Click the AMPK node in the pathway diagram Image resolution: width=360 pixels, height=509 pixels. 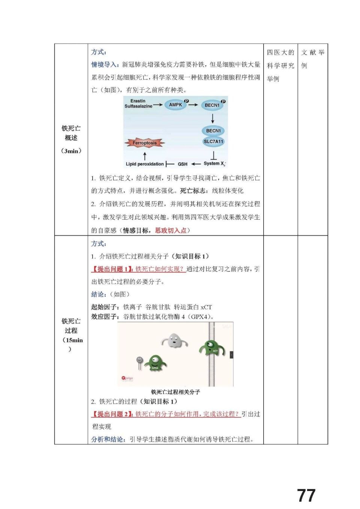click(175, 105)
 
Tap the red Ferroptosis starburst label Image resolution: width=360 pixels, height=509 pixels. click(144, 143)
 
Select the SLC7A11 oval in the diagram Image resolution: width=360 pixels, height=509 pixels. click(213, 142)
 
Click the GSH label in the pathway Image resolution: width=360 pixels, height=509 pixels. click(183, 164)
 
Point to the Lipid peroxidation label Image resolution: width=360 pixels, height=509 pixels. click(145, 164)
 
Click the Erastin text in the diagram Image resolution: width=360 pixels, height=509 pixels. click(138, 101)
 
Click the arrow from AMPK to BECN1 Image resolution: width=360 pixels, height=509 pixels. click(193, 105)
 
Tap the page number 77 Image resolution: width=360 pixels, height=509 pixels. click(306, 496)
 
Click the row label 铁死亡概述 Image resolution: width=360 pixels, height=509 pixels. click(71, 133)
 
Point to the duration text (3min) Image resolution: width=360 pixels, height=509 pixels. click(71, 151)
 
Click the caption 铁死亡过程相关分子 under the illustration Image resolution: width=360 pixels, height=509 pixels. click(175, 392)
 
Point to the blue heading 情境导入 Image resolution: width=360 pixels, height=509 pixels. click(105, 65)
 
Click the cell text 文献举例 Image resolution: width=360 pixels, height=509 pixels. click(312, 59)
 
